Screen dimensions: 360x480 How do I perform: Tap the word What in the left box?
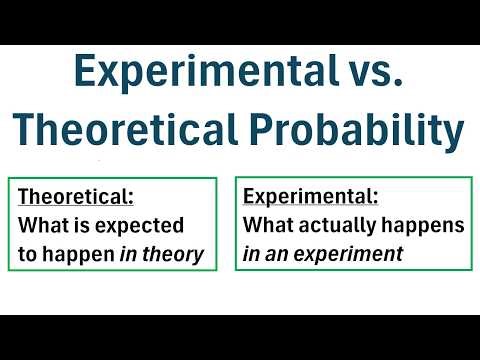click(41, 225)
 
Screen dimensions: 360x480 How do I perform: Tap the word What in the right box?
click(266, 225)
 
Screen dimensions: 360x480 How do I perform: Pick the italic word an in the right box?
click(283, 255)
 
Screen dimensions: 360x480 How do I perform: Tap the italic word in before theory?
click(129, 254)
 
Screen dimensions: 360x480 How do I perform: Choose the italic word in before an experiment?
click(253, 254)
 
